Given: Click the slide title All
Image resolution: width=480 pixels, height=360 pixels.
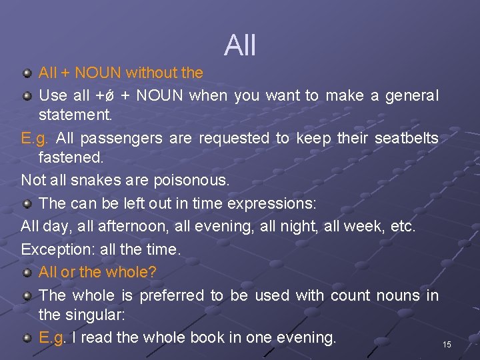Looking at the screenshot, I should click(x=240, y=45).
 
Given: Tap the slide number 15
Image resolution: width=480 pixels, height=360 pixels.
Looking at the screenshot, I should click(x=447, y=345).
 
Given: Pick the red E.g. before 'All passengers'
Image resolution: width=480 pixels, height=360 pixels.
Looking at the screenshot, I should click(x=35, y=139).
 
